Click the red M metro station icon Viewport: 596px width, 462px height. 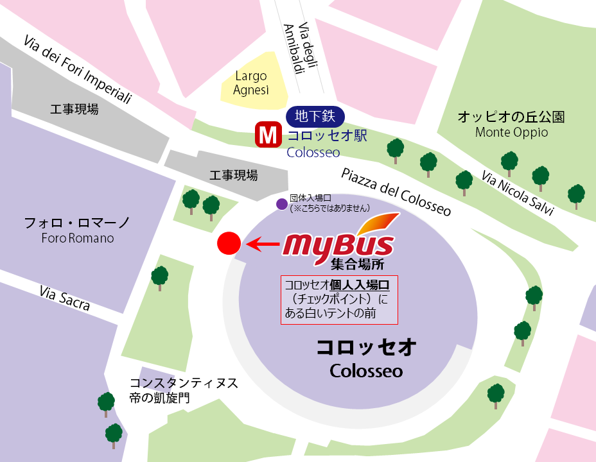(x=267, y=135)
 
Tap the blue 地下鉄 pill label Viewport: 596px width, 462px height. (x=315, y=116)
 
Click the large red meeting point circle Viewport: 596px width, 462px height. (x=229, y=243)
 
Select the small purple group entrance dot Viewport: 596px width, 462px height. (x=281, y=204)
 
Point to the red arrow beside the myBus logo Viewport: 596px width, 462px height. (x=263, y=244)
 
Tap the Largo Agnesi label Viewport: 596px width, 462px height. (x=251, y=83)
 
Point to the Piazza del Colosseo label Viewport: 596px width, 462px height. (x=396, y=192)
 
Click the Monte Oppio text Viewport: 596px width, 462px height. (x=511, y=133)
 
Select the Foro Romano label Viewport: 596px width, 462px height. (x=77, y=238)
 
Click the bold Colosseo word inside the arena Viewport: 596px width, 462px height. (x=366, y=371)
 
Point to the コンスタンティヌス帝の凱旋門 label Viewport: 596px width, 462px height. (x=183, y=390)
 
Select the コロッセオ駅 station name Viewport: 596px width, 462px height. (x=327, y=136)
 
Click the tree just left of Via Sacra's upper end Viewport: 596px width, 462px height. (x=159, y=277)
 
